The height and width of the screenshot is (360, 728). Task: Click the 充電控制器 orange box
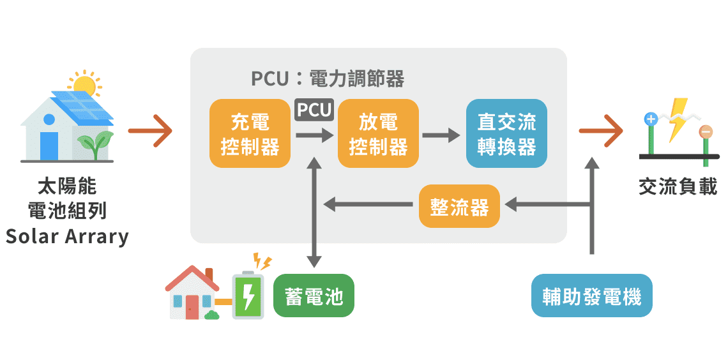pyautogui.click(x=250, y=134)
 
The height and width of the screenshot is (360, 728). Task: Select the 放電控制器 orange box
pyautogui.click(x=379, y=134)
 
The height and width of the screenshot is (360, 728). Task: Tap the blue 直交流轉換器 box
pyautogui.click(x=506, y=134)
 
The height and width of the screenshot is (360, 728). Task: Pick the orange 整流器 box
pyautogui.click(x=459, y=206)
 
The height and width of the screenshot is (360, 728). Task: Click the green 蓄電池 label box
pyautogui.click(x=314, y=296)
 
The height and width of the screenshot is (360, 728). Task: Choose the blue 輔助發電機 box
pyautogui.click(x=592, y=296)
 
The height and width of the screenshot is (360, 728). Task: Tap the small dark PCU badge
pyautogui.click(x=314, y=110)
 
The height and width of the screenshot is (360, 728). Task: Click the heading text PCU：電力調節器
pyautogui.click(x=328, y=79)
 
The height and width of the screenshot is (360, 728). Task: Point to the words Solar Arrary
pyautogui.click(x=68, y=237)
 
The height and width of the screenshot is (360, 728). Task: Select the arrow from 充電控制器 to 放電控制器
pyautogui.click(x=314, y=135)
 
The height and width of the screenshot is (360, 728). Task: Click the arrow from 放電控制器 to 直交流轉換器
pyautogui.click(x=441, y=135)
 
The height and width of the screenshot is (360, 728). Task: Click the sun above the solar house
pyautogui.click(x=84, y=84)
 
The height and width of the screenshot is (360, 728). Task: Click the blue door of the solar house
pyautogui.click(x=49, y=145)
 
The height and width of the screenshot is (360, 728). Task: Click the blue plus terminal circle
pyautogui.click(x=651, y=119)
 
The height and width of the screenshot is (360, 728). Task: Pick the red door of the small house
pyautogui.click(x=192, y=307)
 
